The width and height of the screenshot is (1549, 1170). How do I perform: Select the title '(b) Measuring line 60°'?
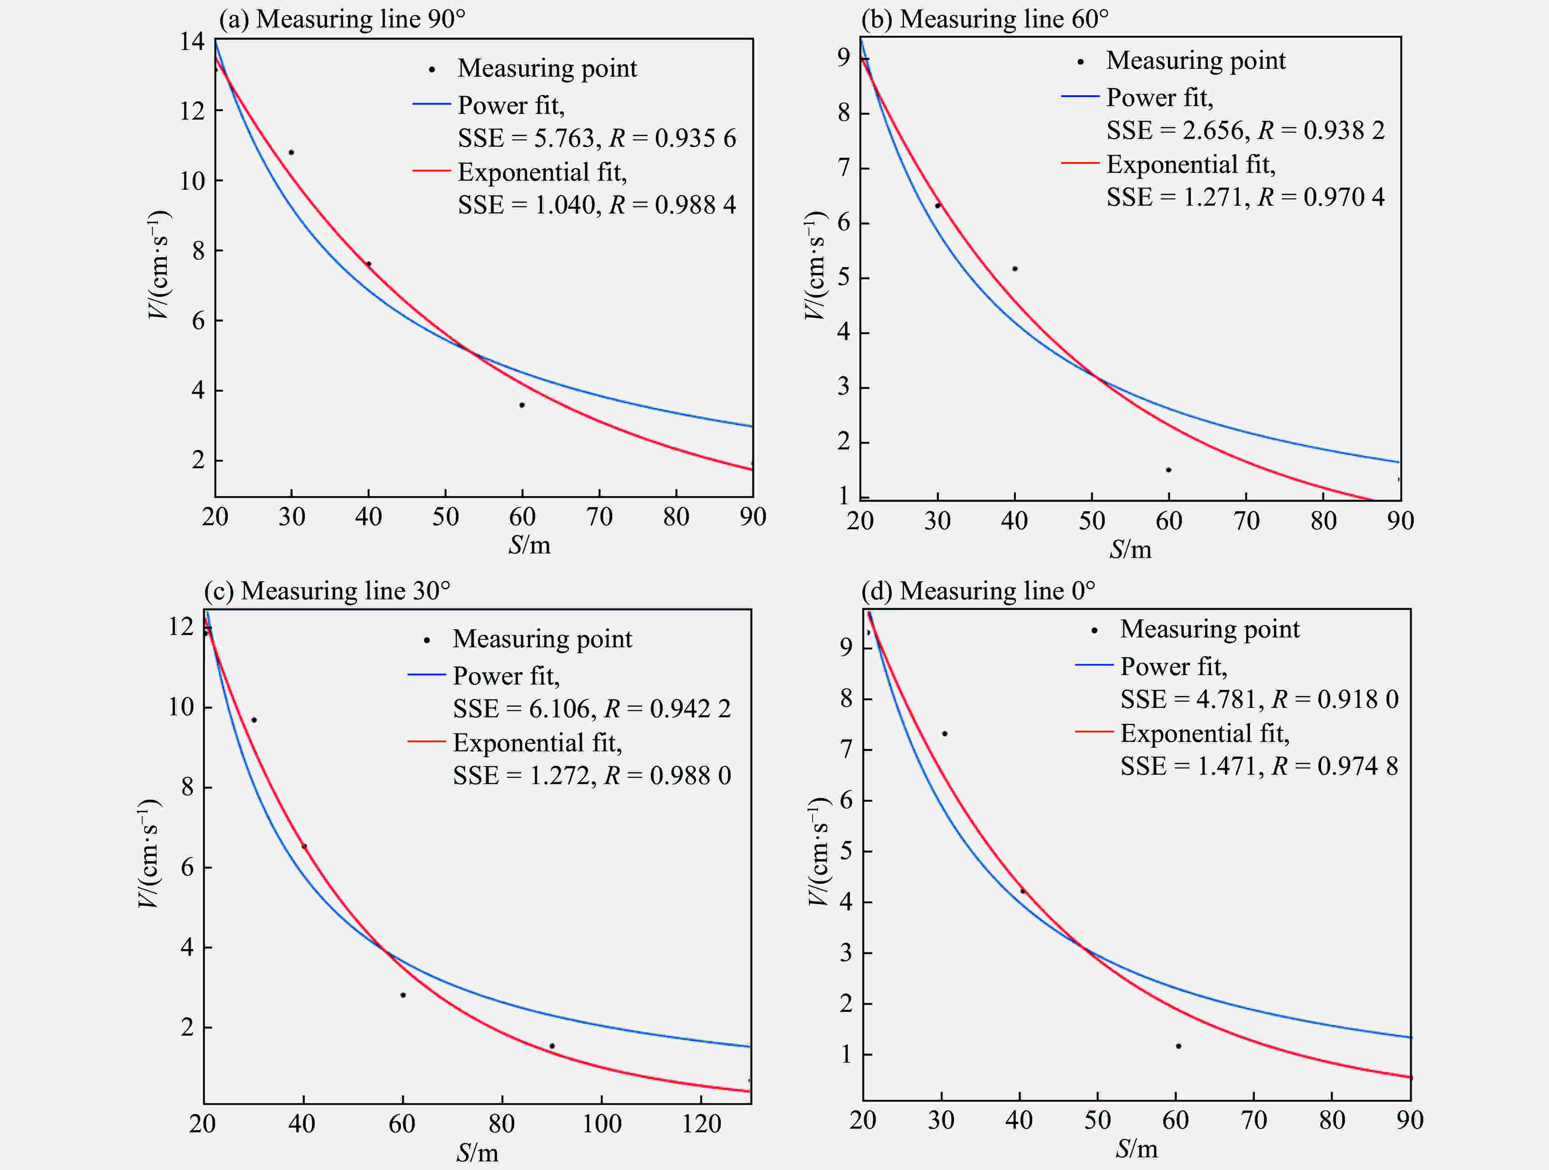coord(985,19)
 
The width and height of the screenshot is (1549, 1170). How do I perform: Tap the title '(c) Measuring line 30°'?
coord(327,591)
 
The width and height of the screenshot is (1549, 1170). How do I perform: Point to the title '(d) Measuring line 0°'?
coord(978,591)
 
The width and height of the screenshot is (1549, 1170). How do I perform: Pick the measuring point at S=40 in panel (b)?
coord(1015,269)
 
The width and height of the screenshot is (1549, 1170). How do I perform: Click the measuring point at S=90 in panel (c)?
coord(552,1046)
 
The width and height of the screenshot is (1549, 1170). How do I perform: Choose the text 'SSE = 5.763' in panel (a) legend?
coord(526,138)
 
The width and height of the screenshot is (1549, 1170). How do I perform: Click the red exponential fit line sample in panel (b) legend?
coord(1080,163)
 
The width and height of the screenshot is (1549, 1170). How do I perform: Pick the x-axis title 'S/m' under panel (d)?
coord(1136,1148)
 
